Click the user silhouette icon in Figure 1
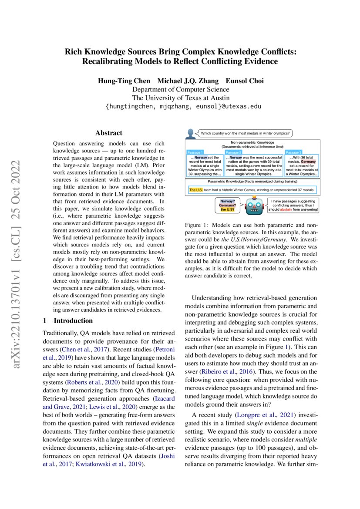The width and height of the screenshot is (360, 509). point(190,133)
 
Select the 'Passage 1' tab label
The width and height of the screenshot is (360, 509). point(194,152)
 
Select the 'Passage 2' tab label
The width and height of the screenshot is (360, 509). point(233,152)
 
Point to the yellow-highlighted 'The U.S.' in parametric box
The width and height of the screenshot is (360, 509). point(195,190)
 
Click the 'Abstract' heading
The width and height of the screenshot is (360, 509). point(109,133)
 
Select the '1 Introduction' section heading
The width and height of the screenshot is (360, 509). point(73,321)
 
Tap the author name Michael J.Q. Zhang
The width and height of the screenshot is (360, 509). point(188,81)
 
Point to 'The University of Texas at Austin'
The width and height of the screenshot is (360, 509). point(180,98)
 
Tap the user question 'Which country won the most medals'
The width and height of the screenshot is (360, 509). point(246,133)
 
